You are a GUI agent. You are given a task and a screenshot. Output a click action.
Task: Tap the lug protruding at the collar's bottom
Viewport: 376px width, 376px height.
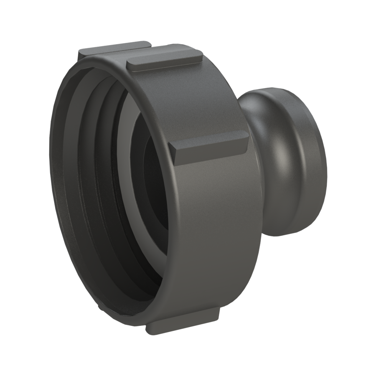(184, 322)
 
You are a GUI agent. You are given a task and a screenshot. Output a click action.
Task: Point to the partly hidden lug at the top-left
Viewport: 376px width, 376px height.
(113, 48)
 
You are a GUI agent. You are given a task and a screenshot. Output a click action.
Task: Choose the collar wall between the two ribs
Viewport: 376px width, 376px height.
(201, 100)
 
